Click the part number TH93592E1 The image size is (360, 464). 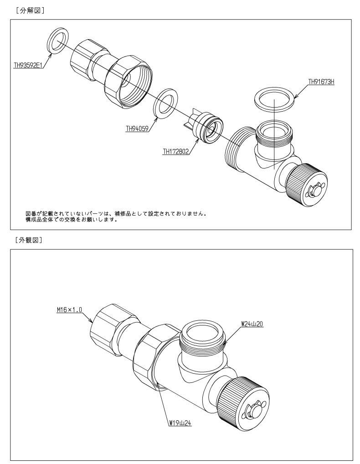pos(28,65)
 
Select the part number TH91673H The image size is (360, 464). pos(321,82)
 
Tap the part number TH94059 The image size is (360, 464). pos(137,129)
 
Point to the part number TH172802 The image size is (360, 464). pos(176,152)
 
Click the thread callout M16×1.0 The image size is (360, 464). pos(69,310)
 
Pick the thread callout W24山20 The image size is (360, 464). pos(252,324)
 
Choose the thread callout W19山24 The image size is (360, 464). pos(180,423)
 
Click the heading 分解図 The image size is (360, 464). pos(30,10)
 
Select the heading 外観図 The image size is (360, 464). pos(29,240)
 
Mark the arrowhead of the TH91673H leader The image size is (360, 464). pos(296,96)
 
